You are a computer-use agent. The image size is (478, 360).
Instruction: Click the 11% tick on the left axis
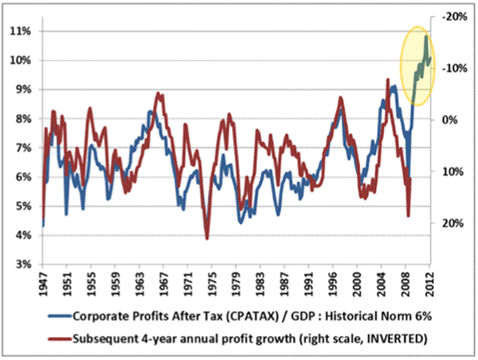coord(20,31)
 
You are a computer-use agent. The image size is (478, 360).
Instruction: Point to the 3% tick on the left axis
coord(20,264)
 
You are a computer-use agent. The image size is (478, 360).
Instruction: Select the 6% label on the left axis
coord(20,177)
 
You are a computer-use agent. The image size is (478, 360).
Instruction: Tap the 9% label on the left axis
coord(20,89)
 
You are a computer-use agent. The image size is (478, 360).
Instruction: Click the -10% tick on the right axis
coord(453,68)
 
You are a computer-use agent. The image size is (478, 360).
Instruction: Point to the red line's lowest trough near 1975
coord(207,238)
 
